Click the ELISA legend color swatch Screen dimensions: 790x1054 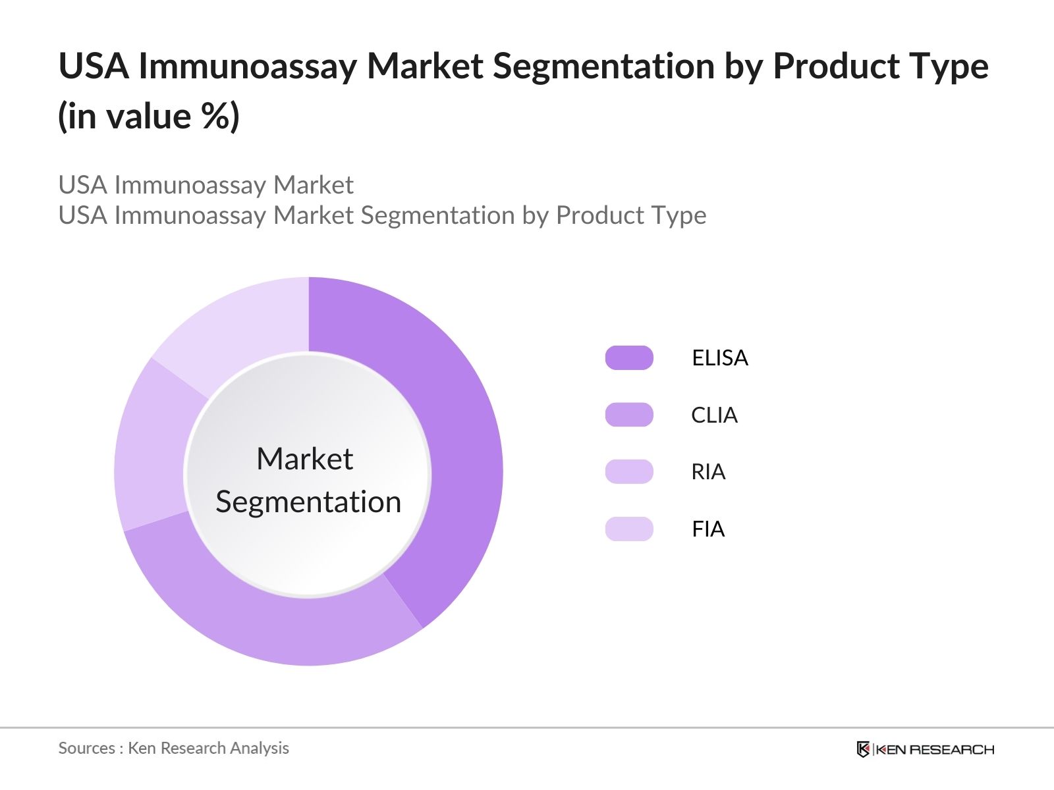tap(629, 357)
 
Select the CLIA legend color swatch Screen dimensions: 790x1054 tap(629, 415)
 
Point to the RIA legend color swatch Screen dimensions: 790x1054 tap(629, 471)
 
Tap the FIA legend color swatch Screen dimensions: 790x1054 tap(629, 529)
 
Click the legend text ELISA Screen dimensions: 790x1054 tap(720, 357)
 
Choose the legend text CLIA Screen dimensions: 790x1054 tap(714, 415)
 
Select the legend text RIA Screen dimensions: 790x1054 tap(708, 471)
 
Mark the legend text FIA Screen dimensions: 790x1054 tap(708, 529)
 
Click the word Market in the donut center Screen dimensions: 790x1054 tap(305, 459)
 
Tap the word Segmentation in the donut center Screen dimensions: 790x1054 tap(308, 502)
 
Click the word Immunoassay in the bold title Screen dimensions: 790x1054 tap(247, 66)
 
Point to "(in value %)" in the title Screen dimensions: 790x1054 tap(149, 117)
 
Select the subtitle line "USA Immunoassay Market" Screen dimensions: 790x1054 tap(206, 185)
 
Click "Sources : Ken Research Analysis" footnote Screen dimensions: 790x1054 tap(173, 748)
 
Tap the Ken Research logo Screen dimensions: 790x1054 tap(925, 749)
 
